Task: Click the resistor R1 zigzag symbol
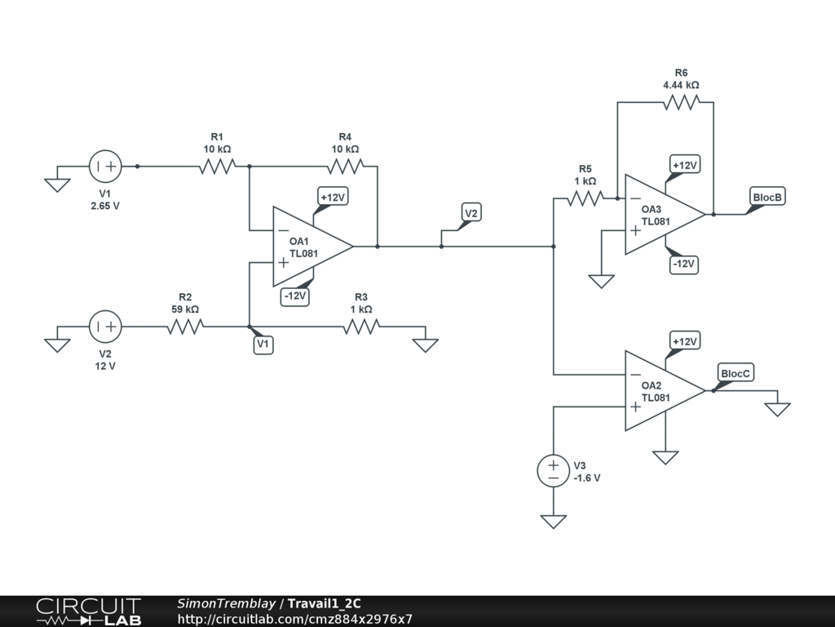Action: point(217,167)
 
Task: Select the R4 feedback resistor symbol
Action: point(345,167)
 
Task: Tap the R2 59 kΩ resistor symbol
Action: point(185,327)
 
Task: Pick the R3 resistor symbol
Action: point(361,327)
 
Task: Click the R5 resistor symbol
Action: point(585,198)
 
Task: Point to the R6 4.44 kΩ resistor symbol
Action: point(681,102)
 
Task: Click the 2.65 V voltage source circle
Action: point(105,167)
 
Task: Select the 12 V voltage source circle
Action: point(105,327)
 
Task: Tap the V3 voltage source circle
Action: point(554,471)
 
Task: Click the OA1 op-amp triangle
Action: point(312,247)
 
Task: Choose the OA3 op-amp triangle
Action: point(665,215)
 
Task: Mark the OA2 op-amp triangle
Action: point(665,391)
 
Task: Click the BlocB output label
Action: point(767,197)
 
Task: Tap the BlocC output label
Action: point(736,373)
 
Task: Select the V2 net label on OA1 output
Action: point(471,213)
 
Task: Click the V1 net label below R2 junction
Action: point(263,345)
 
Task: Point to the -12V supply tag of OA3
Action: point(683,265)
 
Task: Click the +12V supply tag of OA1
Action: point(333,198)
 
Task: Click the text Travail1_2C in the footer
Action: point(325,603)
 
